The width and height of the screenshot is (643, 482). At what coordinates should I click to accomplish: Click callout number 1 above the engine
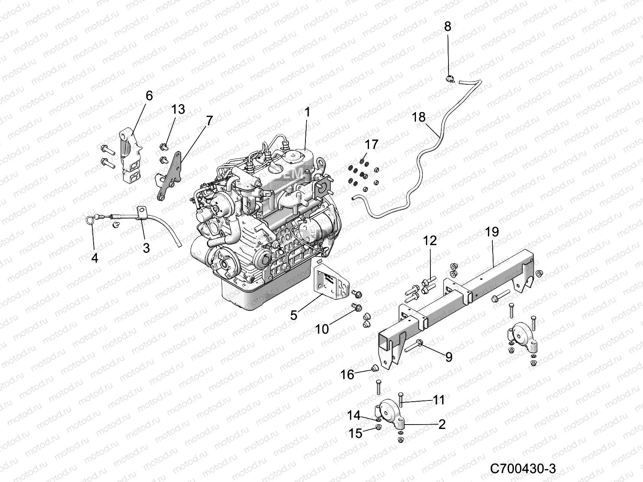point(307,112)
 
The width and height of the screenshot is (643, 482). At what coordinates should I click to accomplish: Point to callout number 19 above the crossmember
point(492,232)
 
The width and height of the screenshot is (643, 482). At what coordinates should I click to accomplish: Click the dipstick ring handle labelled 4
point(91,219)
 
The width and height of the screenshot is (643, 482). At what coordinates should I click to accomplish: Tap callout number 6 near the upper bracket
point(149,96)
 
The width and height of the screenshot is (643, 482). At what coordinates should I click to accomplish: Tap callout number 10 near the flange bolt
point(322,329)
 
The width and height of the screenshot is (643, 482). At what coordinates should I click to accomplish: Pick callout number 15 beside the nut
point(356,433)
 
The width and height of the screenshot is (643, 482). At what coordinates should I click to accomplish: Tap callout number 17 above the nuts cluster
point(371,144)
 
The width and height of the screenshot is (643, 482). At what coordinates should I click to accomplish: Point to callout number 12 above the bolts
point(429,241)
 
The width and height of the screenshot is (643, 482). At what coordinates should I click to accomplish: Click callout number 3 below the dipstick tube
point(146,248)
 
